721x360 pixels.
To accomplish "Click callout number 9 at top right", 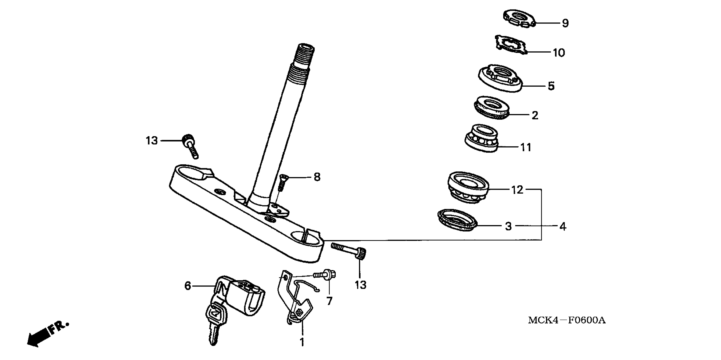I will click(565, 23).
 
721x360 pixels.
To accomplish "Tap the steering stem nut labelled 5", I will click(500, 78).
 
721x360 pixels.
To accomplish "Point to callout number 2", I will click(535, 115).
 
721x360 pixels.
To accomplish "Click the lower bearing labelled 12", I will click(468, 187).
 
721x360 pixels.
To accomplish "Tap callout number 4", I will click(563, 226).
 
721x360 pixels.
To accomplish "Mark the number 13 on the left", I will click(152, 140).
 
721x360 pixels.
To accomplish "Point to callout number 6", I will click(188, 286).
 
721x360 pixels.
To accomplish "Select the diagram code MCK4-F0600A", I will click(567, 320).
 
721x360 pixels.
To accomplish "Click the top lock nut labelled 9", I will click(519, 18).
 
